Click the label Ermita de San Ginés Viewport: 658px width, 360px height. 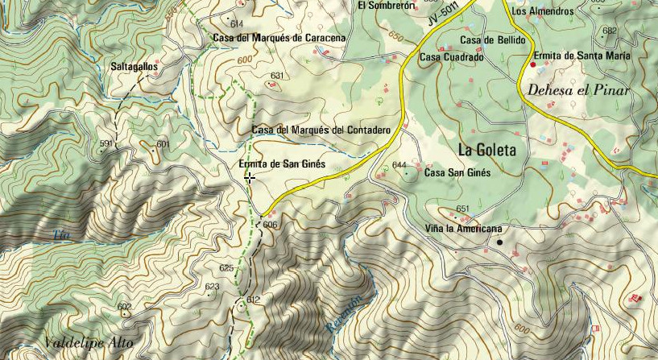282,163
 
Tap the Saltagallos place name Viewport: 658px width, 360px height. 133,68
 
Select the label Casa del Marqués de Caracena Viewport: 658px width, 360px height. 279,37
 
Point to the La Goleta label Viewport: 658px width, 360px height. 486,149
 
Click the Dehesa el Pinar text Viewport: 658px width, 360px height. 577,90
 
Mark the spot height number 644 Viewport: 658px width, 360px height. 399,165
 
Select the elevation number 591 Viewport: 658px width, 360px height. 106,143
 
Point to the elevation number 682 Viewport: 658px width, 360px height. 609,31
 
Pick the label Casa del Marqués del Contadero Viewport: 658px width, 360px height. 321,130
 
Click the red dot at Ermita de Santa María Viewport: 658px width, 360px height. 533,64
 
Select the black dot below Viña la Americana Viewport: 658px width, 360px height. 499,242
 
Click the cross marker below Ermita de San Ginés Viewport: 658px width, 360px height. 250,178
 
